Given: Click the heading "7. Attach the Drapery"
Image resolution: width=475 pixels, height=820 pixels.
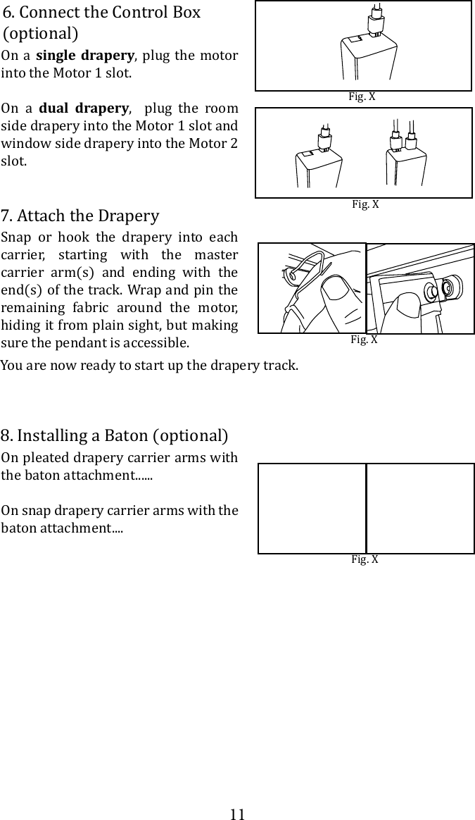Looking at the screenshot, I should click(80, 216).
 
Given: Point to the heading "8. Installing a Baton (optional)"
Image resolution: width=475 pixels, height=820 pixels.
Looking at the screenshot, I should click(115, 435).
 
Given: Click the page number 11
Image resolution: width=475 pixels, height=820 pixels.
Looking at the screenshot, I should click(238, 814).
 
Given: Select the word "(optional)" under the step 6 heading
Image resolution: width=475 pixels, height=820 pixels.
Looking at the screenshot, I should click(40, 34).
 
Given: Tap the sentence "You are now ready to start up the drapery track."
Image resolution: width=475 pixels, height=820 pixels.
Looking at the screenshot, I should click(149, 366).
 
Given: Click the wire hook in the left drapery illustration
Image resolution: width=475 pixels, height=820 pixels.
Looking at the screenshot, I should click(299, 271).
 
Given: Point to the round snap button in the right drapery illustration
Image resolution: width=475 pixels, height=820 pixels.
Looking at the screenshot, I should click(448, 289).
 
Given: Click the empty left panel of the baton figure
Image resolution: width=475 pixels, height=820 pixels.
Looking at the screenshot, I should click(312, 508).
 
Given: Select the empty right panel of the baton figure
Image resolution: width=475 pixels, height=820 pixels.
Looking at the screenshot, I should click(421, 508).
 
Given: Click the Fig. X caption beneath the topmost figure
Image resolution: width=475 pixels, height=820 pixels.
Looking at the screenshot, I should click(362, 97).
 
